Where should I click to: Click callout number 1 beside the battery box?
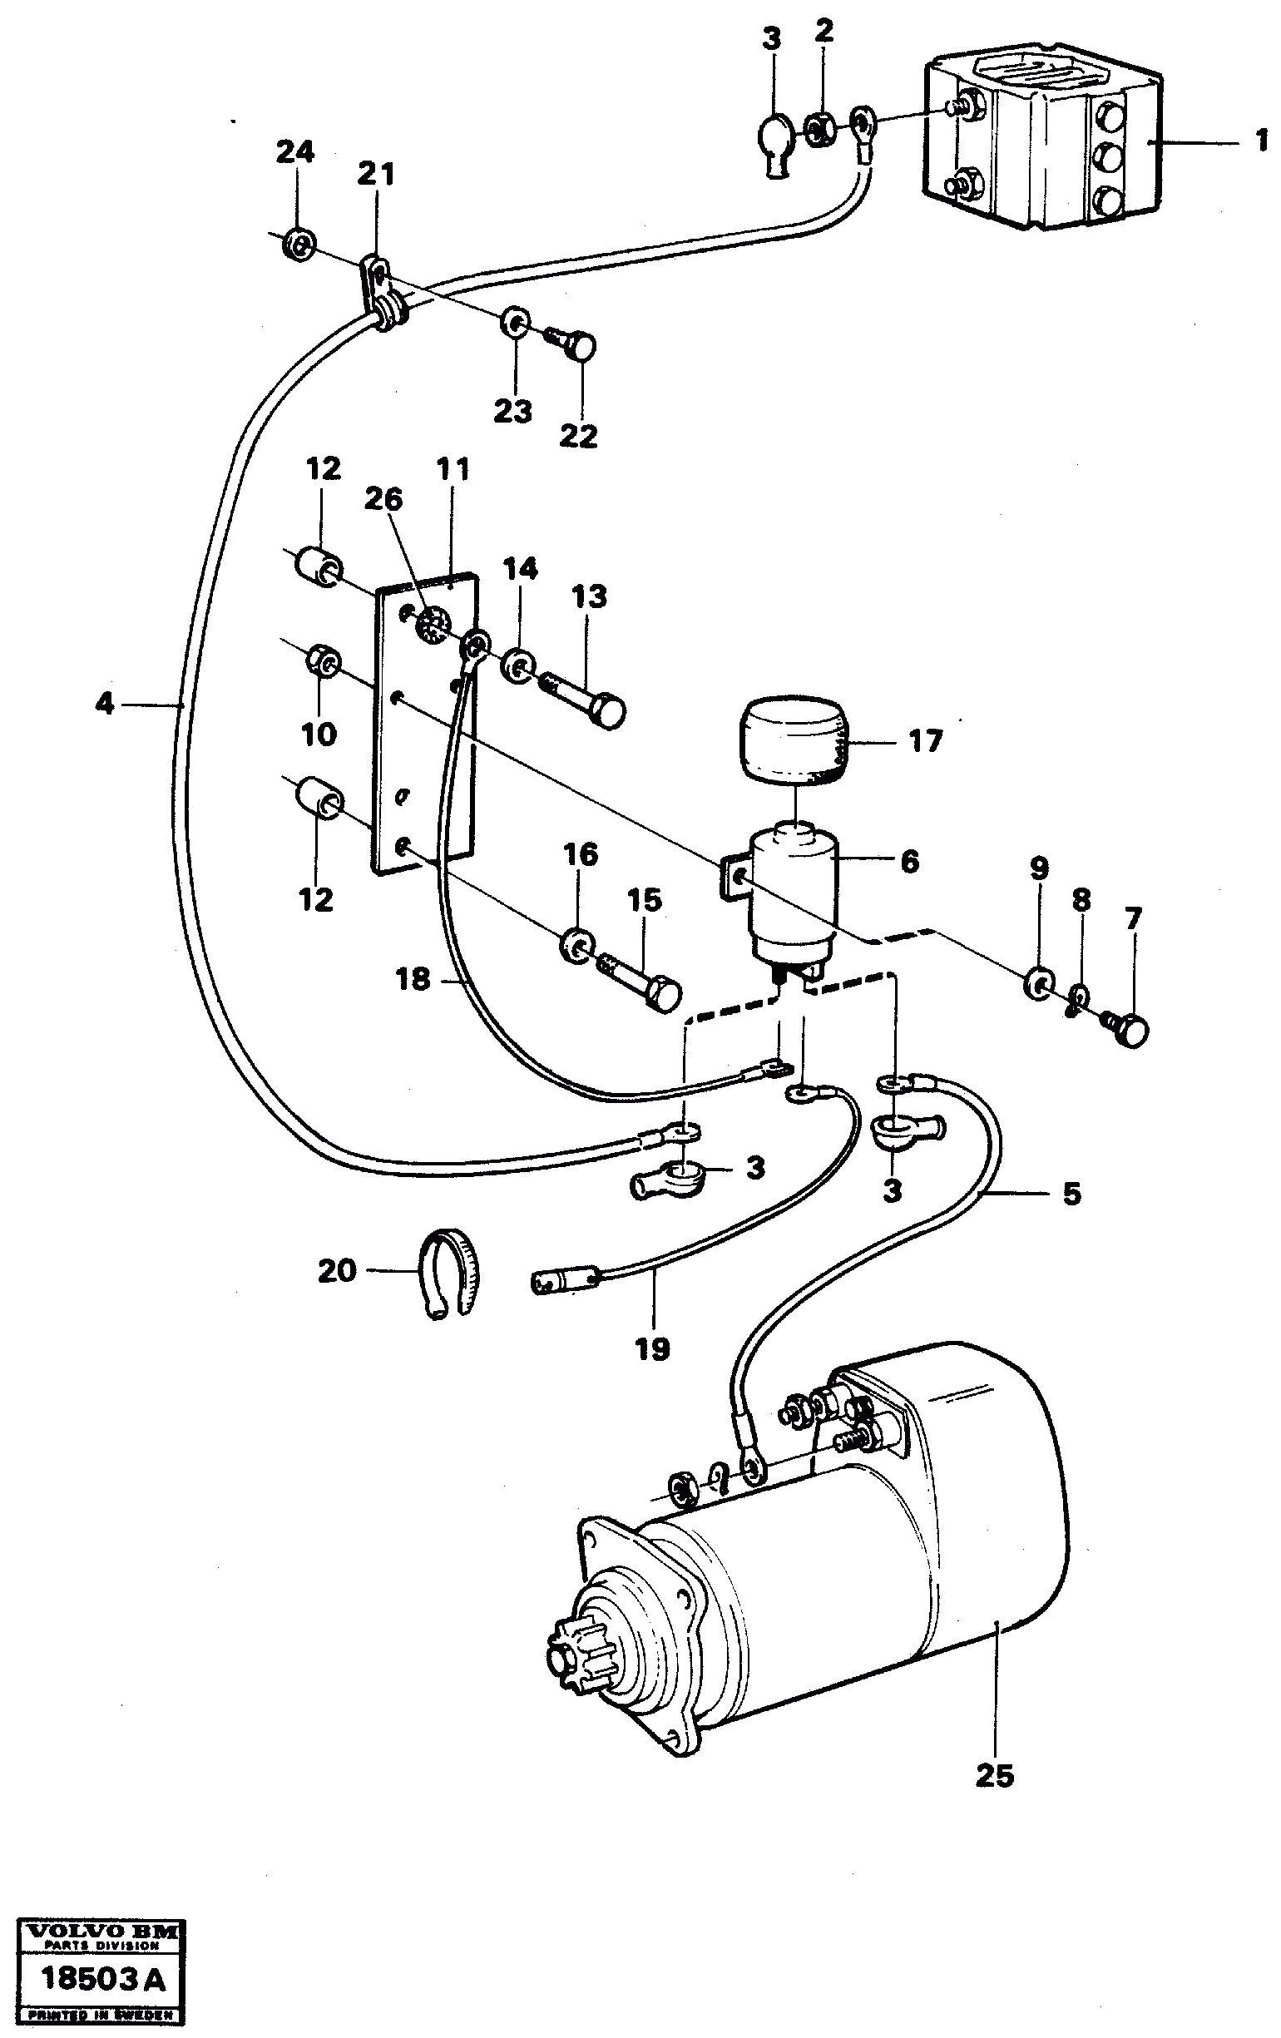(x=1261, y=140)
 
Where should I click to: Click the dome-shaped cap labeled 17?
(x=793, y=735)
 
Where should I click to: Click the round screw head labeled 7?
(x=1135, y=1031)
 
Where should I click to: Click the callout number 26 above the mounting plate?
(x=383, y=499)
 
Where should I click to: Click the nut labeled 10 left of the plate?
(x=323, y=660)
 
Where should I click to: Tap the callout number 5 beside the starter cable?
(x=1071, y=1195)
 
